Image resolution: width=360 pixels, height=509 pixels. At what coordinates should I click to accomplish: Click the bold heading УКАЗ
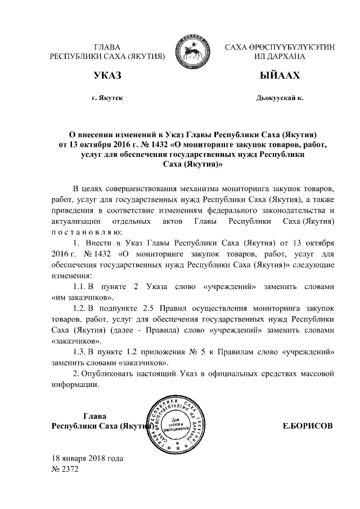click(x=107, y=76)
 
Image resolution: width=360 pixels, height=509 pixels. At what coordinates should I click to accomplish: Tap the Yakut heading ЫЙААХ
click(x=280, y=76)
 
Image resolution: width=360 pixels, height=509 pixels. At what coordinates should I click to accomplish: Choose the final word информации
click(x=75, y=385)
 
